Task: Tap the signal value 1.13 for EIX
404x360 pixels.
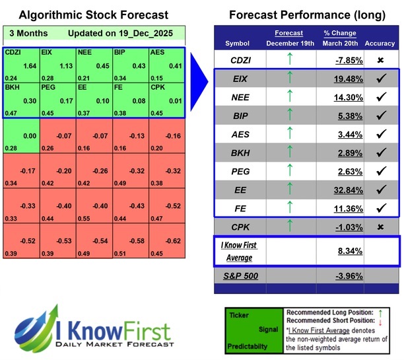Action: pos(65,65)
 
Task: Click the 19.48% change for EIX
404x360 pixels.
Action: pos(342,78)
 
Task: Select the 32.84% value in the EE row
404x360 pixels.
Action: pos(342,190)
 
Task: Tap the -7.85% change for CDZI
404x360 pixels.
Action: pos(342,59)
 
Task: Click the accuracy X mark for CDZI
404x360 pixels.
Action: pos(380,59)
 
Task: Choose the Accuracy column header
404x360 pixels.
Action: pos(380,43)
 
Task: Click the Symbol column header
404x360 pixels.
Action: pos(238,43)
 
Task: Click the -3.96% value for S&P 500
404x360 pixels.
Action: pos(342,274)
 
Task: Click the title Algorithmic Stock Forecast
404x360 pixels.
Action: pos(93,15)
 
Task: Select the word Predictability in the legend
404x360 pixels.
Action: pos(248,345)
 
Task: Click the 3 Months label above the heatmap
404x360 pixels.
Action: pos(24,33)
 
